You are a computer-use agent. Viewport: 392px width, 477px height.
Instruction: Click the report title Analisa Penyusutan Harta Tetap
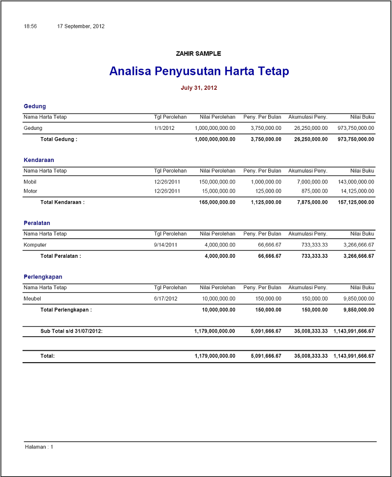199,71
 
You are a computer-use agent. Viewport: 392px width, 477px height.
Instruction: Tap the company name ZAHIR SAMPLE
198,54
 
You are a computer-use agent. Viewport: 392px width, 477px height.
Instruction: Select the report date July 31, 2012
199,88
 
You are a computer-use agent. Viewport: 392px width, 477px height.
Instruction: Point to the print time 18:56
30,26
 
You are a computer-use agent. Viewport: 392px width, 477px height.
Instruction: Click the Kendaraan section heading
39,160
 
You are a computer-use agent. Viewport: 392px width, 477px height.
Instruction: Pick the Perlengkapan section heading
43,277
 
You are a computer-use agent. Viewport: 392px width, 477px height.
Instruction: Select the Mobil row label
30,182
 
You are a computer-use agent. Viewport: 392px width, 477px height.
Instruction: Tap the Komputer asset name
35,245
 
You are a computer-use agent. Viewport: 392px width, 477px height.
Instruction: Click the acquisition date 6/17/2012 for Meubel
166,298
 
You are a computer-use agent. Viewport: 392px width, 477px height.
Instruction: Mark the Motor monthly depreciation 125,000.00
268,191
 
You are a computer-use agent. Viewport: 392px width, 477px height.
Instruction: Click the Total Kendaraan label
62,202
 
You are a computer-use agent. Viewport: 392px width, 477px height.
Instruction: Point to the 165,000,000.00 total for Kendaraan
215,202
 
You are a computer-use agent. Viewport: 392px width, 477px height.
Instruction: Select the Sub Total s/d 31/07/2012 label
71,331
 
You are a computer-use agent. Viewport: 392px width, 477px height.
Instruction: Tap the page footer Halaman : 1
39,447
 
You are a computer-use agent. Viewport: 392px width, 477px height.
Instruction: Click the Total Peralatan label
60,256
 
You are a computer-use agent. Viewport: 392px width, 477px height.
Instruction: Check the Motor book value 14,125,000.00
358,191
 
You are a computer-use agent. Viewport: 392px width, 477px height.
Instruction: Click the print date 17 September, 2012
81,26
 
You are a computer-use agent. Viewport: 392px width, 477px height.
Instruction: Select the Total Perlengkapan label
66,310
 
